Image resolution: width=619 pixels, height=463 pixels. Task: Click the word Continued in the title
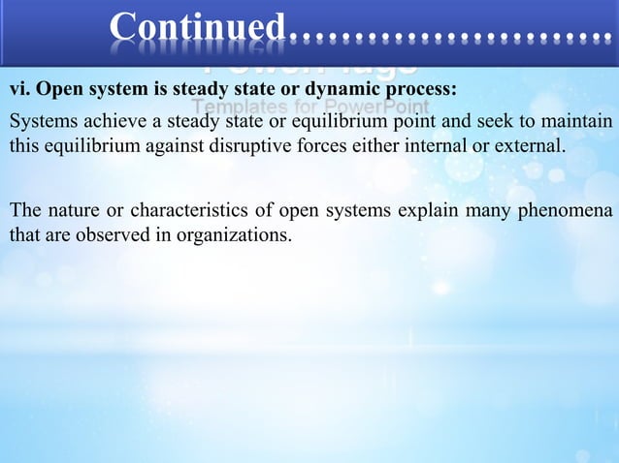198,27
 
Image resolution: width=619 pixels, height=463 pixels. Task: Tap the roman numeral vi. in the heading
20,91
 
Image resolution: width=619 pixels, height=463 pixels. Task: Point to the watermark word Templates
233,106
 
